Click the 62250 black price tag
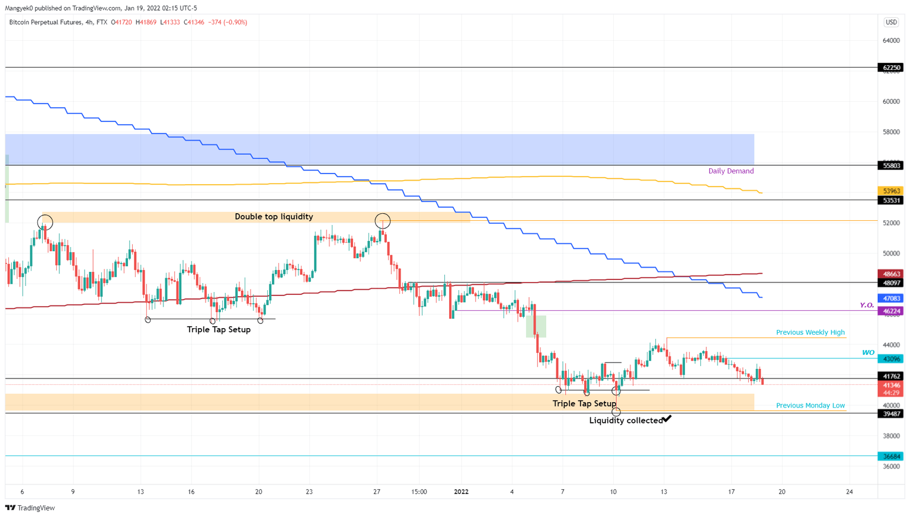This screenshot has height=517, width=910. coord(890,68)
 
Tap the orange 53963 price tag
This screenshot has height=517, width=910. coord(890,191)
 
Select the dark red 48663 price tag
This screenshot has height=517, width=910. coord(890,274)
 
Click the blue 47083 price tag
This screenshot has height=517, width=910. coord(890,298)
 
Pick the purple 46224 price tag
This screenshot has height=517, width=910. coord(890,311)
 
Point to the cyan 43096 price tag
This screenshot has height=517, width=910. coord(890,359)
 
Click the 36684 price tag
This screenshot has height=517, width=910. coord(890,457)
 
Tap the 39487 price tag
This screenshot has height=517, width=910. coord(890,414)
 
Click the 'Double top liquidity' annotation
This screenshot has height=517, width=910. coord(274,217)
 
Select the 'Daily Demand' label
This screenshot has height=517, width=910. coord(730,171)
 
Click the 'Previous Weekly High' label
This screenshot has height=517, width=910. coord(810,332)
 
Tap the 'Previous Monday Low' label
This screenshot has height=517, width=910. coord(810,406)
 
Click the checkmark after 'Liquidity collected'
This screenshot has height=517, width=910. coord(667,419)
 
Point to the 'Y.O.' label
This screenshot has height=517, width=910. coord(867,305)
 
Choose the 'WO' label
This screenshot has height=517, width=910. coord(868,352)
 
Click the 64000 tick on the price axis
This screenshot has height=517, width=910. coord(890,41)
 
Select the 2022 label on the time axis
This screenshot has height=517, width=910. coord(461,492)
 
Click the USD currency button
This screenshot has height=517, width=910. coord(891,22)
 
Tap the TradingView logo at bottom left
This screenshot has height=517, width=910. coord(30,508)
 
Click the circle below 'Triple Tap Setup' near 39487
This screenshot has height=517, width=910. coord(616,412)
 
